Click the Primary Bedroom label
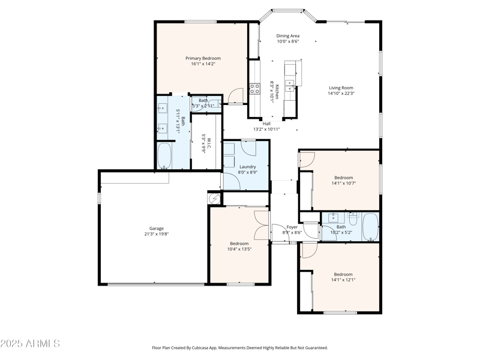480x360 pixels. point(202,58)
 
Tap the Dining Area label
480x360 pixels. point(287,36)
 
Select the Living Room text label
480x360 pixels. point(341,88)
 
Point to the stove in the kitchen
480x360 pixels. point(254,89)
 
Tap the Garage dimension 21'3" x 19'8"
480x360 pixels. point(157,234)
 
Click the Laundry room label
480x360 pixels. point(247,167)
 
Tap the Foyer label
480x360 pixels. point(292,227)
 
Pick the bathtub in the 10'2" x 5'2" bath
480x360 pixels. point(370,226)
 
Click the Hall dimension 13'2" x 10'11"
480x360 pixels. point(266,129)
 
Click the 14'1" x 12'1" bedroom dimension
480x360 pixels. point(343,280)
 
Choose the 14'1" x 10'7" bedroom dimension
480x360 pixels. point(343,183)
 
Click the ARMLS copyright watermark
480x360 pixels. point(30,344)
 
